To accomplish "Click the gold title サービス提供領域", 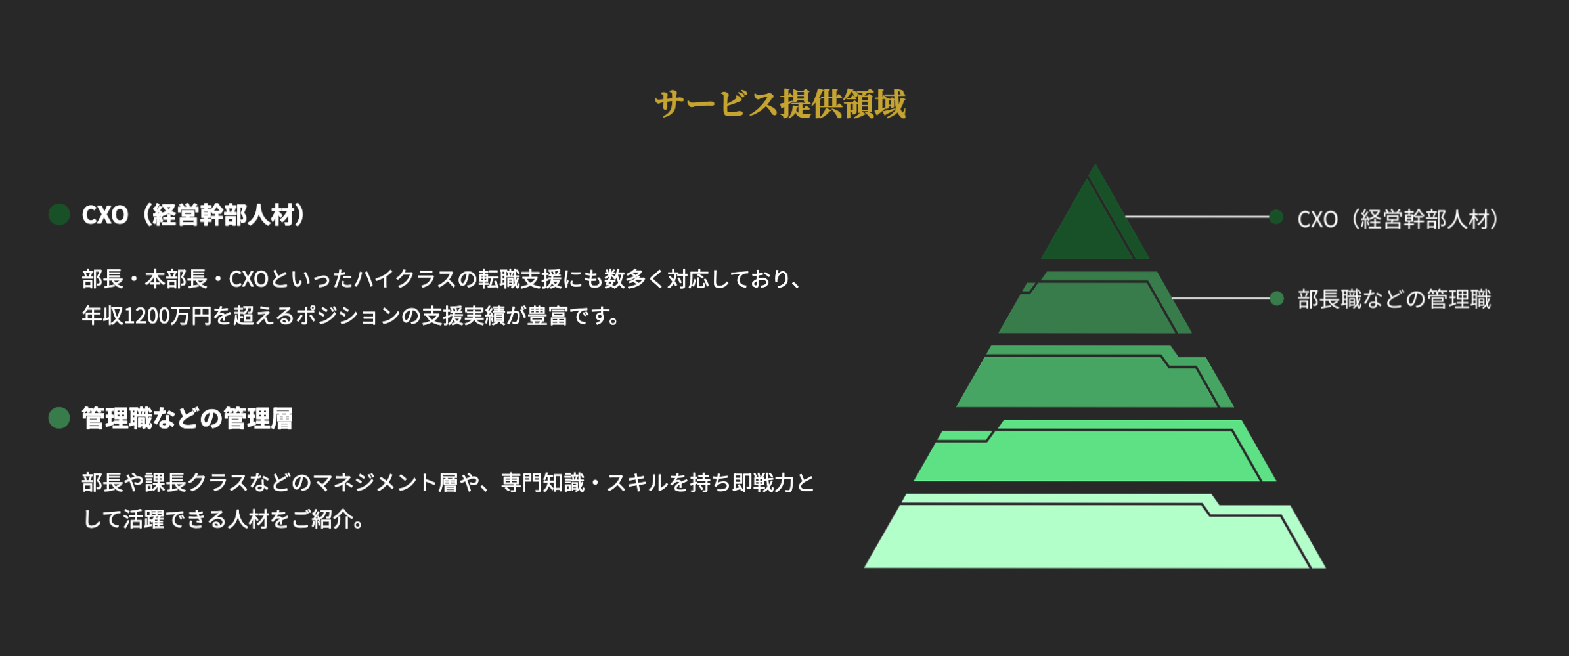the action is point(780,104).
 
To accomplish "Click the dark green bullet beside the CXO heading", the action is point(59,214).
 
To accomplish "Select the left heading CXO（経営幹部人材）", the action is point(194,215).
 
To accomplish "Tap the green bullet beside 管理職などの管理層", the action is point(59,418).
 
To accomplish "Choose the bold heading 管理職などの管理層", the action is point(187,419).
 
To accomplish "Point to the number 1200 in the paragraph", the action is point(145,316).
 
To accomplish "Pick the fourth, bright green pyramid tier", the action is point(1090,456).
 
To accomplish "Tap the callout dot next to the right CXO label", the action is point(1276,217).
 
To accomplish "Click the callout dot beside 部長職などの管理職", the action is point(1277,299).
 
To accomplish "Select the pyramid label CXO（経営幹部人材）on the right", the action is point(1398,219).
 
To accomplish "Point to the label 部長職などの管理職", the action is point(1394,299).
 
